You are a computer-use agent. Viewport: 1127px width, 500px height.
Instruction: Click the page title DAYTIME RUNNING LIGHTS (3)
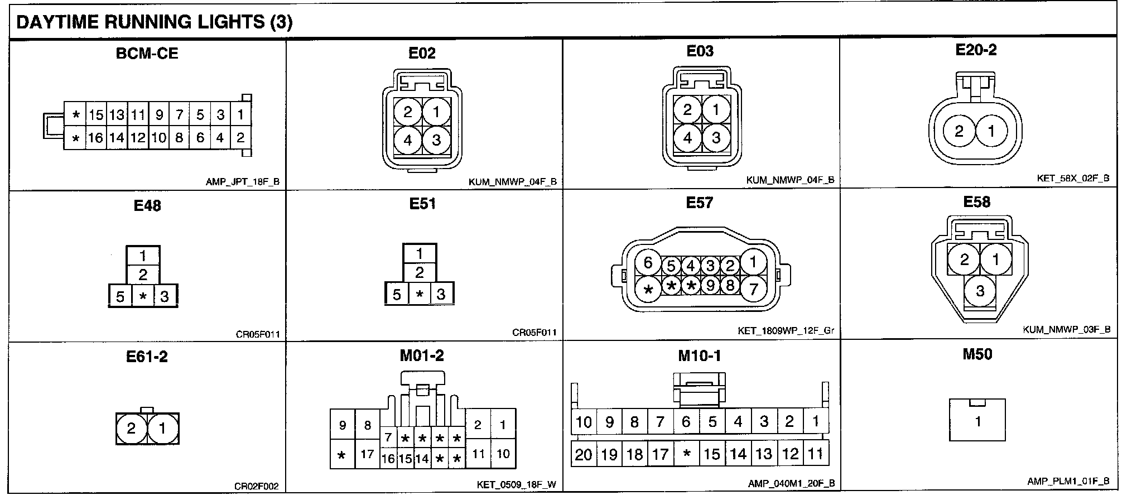pyautogui.click(x=155, y=22)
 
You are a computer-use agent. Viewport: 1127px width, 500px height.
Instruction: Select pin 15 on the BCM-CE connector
pyautogui.click(x=96, y=116)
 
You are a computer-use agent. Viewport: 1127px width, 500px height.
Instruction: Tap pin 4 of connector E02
pyautogui.click(x=408, y=140)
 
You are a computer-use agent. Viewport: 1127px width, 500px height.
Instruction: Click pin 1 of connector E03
pyautogui.click(x=716, y=110)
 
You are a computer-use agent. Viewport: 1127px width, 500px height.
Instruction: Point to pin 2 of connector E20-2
pyautogui.click(x=959, y=132)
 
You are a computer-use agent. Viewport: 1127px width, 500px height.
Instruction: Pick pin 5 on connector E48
pyautogui.click(x=120, y=296)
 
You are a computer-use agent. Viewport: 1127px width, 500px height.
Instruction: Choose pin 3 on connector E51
pyautogui.click(x=441, y=294)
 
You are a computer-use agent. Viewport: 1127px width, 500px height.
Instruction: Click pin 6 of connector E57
pyautogui.click(x=648, y=263)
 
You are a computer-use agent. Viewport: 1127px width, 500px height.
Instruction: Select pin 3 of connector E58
pyautogui.click(x=980, y=291)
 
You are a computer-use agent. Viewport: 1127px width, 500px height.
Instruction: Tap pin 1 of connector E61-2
pyautogui.click(x=162, y=429)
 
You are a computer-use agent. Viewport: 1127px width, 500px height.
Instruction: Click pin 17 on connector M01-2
pyautogui.click(x=367, y=454)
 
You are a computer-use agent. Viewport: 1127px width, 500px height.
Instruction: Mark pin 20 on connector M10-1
pyautogui.click(x=583, y=455)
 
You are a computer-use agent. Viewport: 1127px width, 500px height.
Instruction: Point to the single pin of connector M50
pyautogui.click(x=977, y=421)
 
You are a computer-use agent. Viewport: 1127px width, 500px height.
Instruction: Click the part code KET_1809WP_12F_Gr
pyautogui.click(x=786, y=331)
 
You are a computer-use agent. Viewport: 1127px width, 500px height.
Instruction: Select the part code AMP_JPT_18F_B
pyautogui.click(x=243, y=182)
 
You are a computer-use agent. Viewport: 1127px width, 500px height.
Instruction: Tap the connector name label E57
pyautogui.click(x=700, y=203)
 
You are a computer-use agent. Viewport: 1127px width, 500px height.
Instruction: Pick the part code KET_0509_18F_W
pyautogui.click(x=516, y=484)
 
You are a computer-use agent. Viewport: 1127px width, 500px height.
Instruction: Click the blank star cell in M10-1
pyautogui.click(x=686, y=454)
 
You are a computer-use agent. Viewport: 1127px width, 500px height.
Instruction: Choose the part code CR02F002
pyautogui.click(x=256, y=487)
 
